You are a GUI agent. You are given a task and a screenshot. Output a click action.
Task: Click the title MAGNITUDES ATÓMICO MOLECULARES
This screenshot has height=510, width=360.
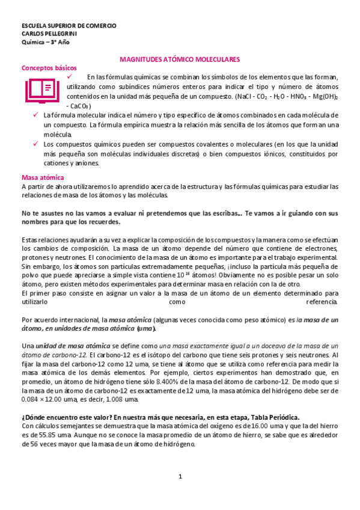(x=180, y=60)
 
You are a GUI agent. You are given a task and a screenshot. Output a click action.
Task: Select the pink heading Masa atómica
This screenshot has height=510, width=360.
(x=43, y=177)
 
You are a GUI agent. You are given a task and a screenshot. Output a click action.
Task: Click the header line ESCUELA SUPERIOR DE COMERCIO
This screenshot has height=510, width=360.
(x=69, y=26)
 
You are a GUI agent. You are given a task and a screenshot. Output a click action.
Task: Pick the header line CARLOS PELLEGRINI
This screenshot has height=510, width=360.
(x=49, y=34)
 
